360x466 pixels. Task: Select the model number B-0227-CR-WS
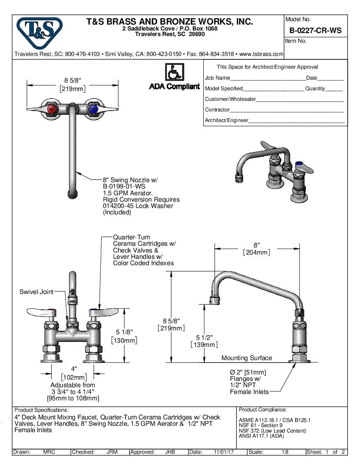coord(315,31)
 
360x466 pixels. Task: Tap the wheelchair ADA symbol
coord(174,72)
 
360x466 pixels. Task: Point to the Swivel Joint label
coord(36,292)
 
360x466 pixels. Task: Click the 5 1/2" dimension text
coord(204,337)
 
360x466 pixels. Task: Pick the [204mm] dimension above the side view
coord(256,252)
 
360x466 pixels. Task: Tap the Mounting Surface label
coord(246,358)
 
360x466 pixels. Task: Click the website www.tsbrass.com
coord(261,54)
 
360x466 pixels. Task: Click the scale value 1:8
coord(285,452)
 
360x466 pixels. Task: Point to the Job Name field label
coord(217,78)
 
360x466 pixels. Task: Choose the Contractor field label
coord(217,110)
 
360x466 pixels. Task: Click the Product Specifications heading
coord(42,410)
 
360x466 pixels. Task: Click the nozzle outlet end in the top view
coord(73,194)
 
